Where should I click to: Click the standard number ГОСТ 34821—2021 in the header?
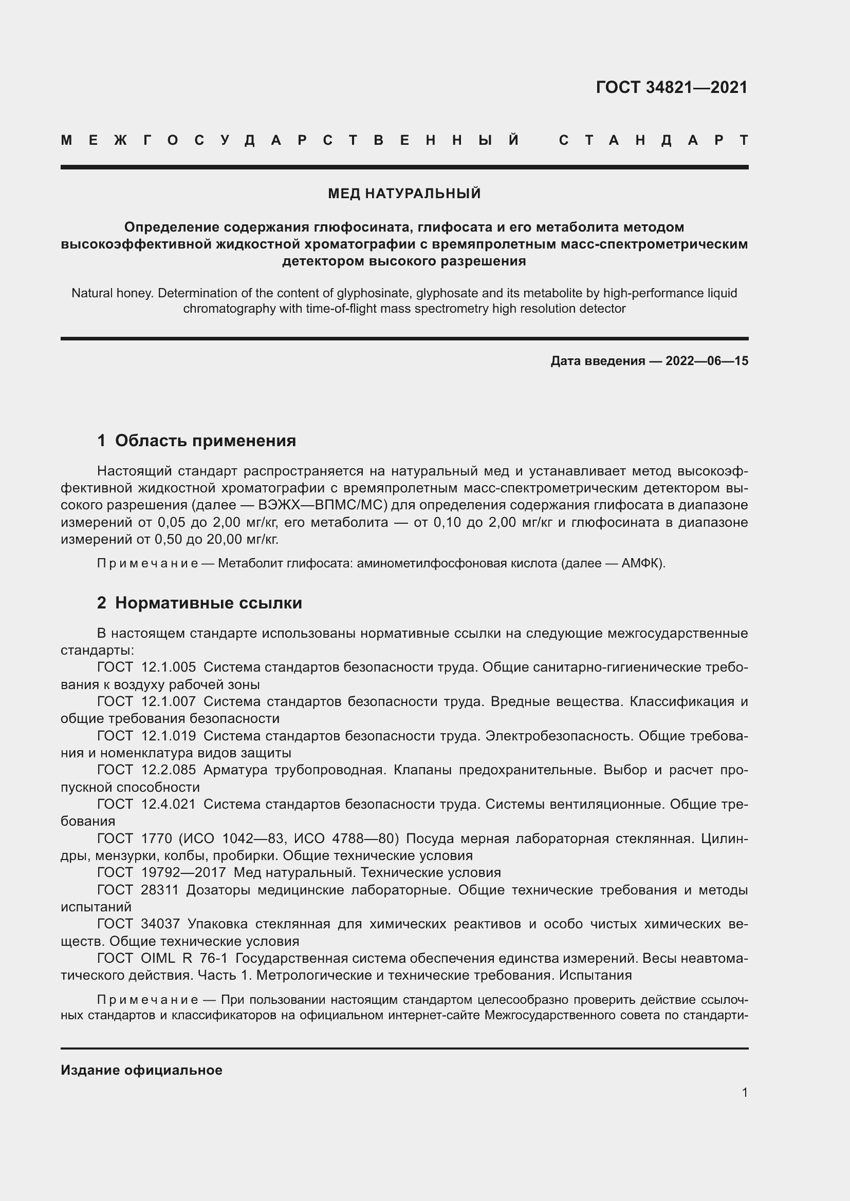[x=672, y=87]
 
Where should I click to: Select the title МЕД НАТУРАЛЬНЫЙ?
[x=404, y=194]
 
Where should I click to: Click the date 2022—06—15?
[x=707, y=361]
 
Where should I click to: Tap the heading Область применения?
[x=205, y=441]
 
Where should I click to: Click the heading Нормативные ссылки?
[x=208, y=603]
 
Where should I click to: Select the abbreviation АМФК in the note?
[x=642, y=563]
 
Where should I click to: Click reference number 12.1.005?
[x=169, y=667]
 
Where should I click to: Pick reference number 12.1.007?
[x=169, y=701]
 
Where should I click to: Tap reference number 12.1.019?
[x=169, y=736]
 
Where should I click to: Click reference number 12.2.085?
[x=169, y=770]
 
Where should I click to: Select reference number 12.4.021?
[x=169, y=804]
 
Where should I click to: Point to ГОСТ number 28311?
[x=160, y=890]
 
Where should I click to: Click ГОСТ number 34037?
[x=160, y=924]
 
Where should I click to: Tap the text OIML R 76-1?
[x=184, y=958]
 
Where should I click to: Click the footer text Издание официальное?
[x=141, y=1070]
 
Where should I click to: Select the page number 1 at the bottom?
[x=744, y=1092]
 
